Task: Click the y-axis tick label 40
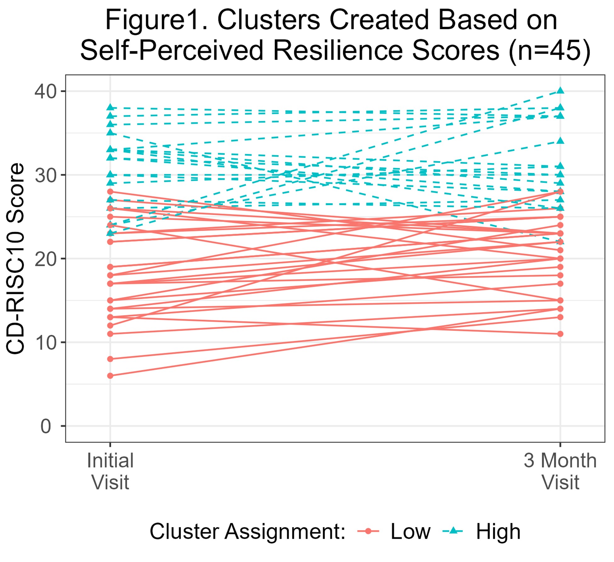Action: [45, 92]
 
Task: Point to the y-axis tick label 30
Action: [45, 175]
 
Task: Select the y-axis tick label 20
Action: [45, 259]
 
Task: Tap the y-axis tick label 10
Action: [45, 343]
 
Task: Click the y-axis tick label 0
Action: [46, 426]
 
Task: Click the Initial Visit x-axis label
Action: [110, 471]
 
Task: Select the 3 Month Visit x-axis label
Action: [560, 471]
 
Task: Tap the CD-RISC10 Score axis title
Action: [15, 259]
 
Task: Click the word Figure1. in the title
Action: [156, 20]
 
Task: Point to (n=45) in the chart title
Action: [549, 50]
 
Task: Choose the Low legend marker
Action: [368, 531]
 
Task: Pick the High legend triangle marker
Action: [453, 531]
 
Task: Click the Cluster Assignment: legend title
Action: [247, 532]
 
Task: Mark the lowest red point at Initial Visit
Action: [110, 376]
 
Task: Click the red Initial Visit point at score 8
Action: [110, 359]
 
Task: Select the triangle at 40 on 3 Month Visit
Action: [560, 91]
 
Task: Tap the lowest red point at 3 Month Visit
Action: [560, 334]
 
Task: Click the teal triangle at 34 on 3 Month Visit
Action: [560, 141]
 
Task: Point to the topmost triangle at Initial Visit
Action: [110, 108]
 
